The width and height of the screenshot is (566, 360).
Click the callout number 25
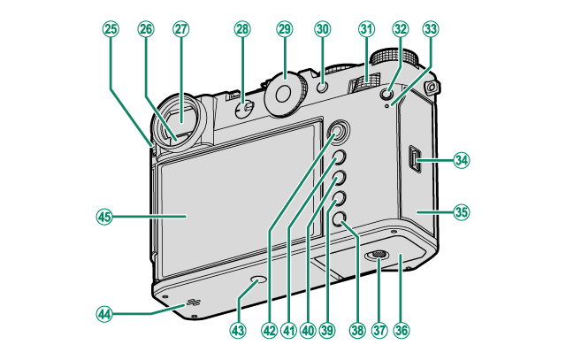[x=111, y=29]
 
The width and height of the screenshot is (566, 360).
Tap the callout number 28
[x=241, y=29]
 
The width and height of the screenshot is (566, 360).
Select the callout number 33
[x=431, y=29]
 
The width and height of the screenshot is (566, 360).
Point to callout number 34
[x=461, y=160]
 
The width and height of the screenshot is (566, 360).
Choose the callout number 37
[x=379, y=330]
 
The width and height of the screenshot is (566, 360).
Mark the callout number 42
[x=269, y=330]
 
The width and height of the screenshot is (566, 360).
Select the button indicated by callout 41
[x=338, y=159]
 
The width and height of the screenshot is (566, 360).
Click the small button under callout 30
[x=323, y=87]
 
